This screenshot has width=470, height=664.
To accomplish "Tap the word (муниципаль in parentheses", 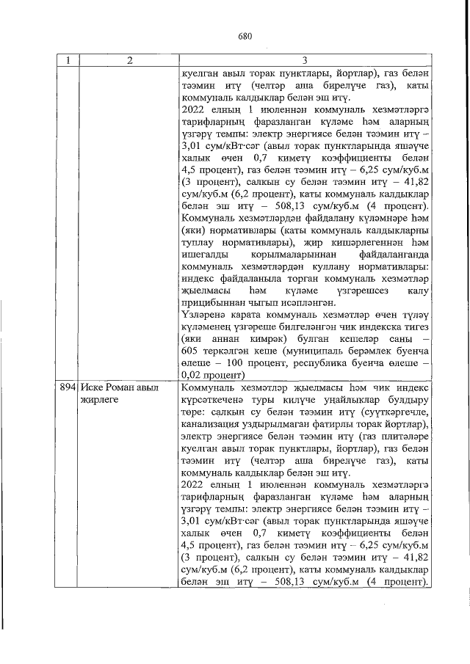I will (x=305, y=351).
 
